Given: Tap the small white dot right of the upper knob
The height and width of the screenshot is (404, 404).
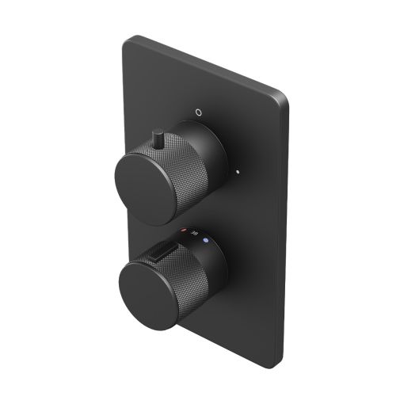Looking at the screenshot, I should pyautogui.click(x=236, y=169).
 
